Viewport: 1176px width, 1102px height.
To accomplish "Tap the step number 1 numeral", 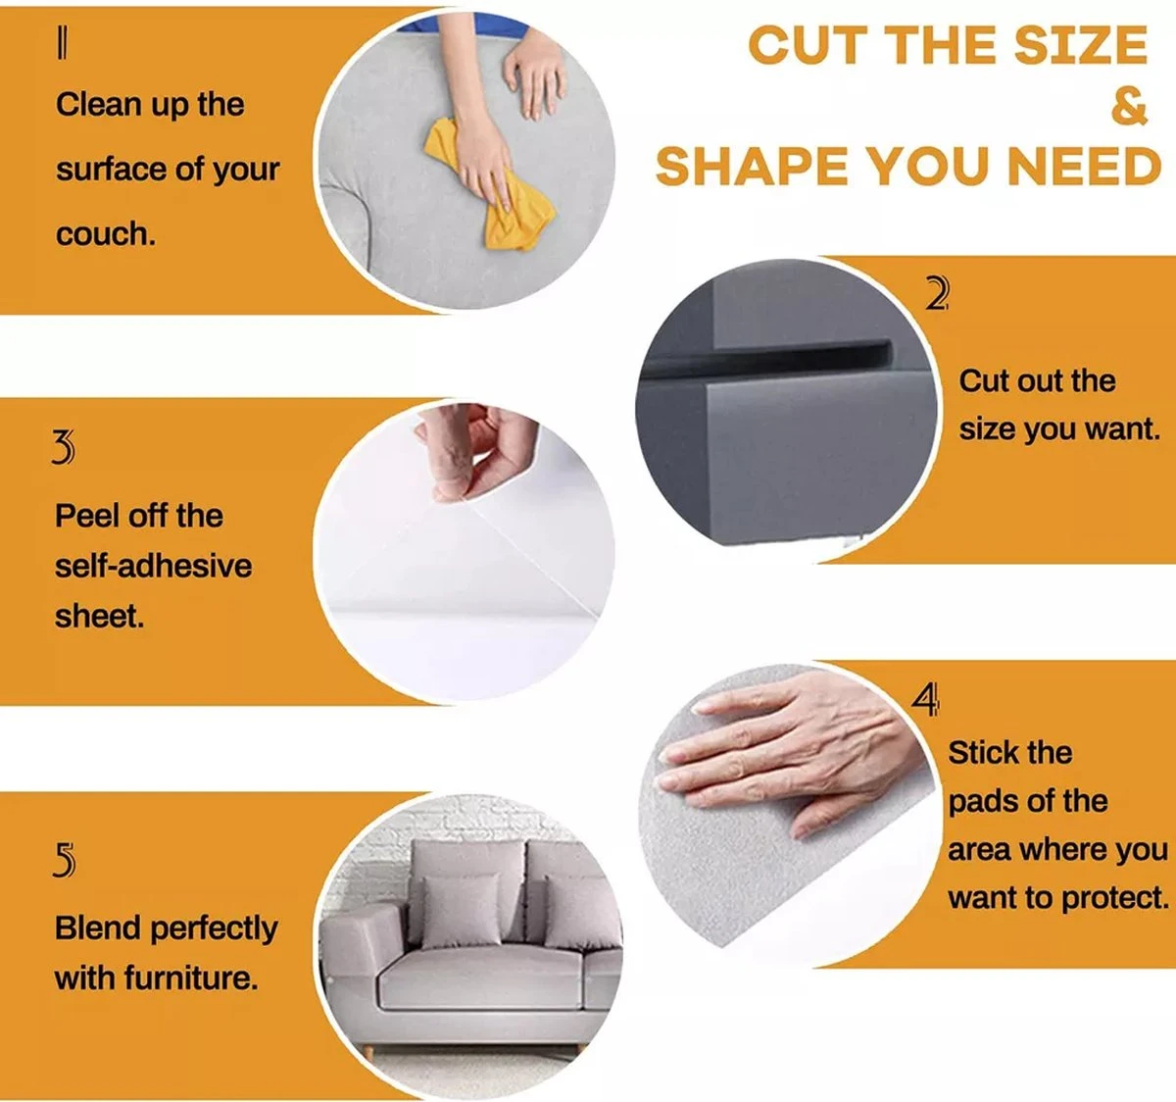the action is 63,45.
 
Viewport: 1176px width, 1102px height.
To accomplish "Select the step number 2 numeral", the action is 936,294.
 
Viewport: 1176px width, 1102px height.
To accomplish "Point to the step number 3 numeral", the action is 64,447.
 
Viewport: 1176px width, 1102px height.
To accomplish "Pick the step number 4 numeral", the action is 925,700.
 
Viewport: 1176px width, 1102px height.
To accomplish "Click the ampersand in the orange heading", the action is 1129,107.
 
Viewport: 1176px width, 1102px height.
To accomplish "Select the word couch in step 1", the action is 106,234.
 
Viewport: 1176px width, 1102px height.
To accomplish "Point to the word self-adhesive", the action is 153,566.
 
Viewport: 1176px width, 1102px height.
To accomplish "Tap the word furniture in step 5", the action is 191,977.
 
